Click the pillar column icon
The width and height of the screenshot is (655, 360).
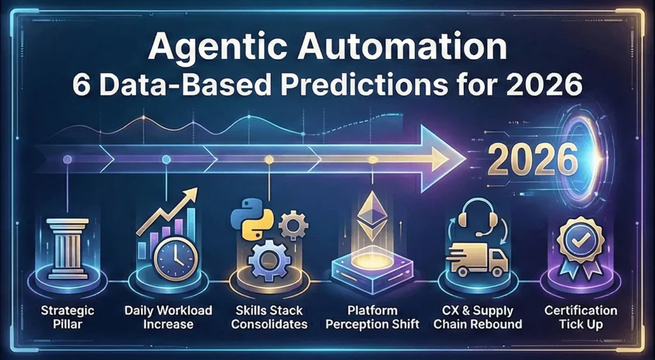68,247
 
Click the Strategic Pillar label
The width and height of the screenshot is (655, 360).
68,317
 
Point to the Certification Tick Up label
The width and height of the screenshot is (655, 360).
581,317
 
